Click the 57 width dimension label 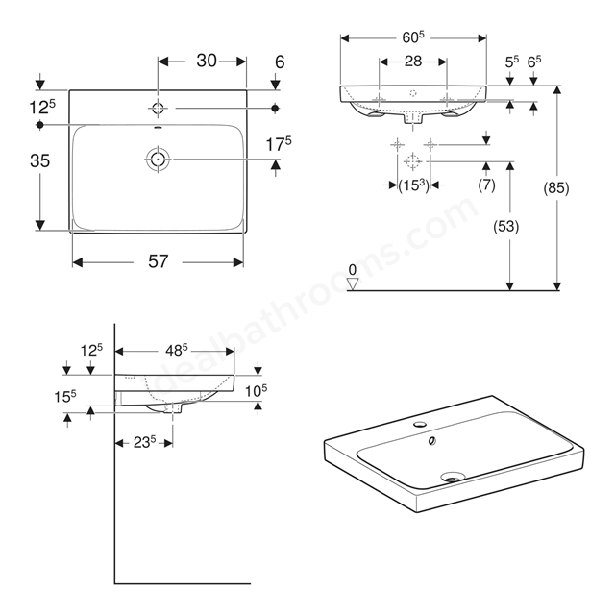click(x=158, y=261)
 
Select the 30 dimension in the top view click(x=207, y=61)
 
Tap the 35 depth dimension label click(x=40, y=160)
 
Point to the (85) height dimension click(x=555, y=188)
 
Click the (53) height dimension click(x=506, y=227)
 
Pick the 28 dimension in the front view click(x=412, y=61)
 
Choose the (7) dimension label click(x=486, y=184)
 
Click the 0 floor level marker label click(x=353, y=269)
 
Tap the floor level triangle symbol click(x=353, y=283)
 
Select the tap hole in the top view click(x=158, y=108)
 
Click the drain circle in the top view click(x=158, y=160)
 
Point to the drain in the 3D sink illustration click(x=453, y=477)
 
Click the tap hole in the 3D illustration click(x=420, y=424)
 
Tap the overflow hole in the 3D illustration click(x=432, y=441)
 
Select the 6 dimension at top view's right click(x=280, y=61)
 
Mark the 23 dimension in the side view click(x=145, y=442)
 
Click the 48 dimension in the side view click(x=177, y=350)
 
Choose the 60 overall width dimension click(x=413, y=37)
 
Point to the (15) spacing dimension click(x=414, y=185)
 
